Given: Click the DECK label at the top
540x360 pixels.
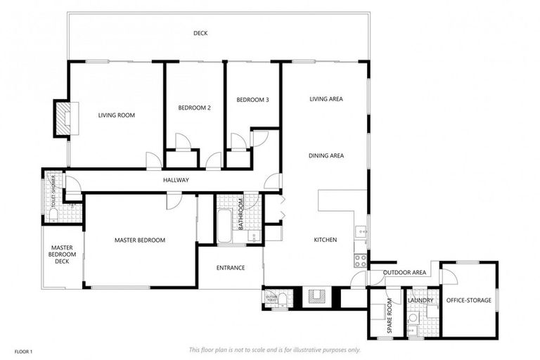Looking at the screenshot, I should click(x=200, y=33).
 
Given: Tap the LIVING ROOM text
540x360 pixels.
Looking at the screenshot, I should click(x=116, y=115).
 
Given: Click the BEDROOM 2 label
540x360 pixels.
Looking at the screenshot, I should click(x=194, y=108).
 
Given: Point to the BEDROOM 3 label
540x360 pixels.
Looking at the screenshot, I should click(x=252, y=100).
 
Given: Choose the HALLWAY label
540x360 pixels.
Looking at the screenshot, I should click(x=176, y=181).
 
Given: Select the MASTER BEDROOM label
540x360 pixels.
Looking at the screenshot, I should click(x=140, y=240).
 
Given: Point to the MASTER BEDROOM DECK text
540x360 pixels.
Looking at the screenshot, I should click(x=62, y=255).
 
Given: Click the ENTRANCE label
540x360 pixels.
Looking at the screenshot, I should click(x=231, y=267).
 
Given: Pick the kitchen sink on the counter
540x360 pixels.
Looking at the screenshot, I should click(x=361, y=230).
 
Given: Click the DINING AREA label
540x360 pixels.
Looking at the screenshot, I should click(x=326, y=155).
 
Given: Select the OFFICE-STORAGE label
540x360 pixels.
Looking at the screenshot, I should click(x=468, y=301).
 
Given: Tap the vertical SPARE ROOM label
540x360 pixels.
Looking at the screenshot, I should click(x=390, y=318).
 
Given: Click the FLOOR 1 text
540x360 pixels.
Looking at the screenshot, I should click(x=22, y=350).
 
